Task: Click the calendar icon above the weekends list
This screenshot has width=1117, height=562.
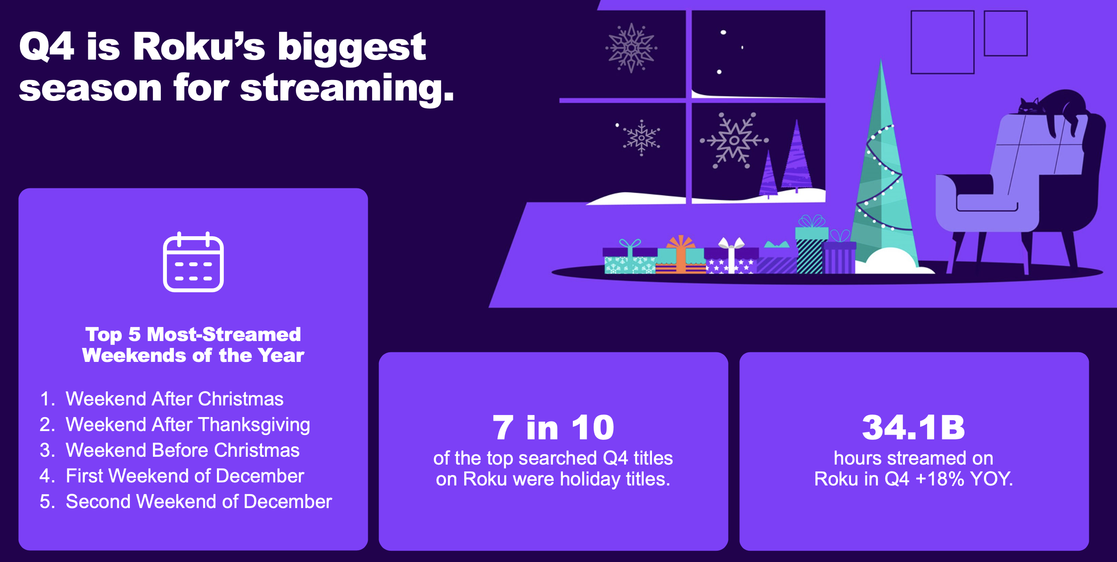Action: click(x=193, y=262)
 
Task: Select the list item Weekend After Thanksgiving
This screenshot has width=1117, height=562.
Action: click(x=187, y=425)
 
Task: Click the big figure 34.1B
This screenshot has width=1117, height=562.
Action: click(x=914, y=427)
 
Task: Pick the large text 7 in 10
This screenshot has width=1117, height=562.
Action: click(x=553, y=427)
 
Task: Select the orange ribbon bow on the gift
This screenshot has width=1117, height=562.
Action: click(x=681, y=242)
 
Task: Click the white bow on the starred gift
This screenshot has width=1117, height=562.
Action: click(x=731, y=244)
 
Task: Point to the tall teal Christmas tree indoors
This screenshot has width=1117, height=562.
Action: click(x=882, y=174)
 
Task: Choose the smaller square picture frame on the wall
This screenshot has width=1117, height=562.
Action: click(x=1005, y=33)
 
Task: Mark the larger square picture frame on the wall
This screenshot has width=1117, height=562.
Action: click(x=942, y=42)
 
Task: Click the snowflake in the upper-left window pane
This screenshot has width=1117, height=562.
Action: click(x=631, y=48)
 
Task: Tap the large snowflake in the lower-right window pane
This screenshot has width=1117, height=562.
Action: click(x=734, y=140)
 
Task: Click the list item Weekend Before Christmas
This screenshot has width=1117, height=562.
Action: click(x=182, y=450)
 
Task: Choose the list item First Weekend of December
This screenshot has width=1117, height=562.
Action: click(x=184, y=476)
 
